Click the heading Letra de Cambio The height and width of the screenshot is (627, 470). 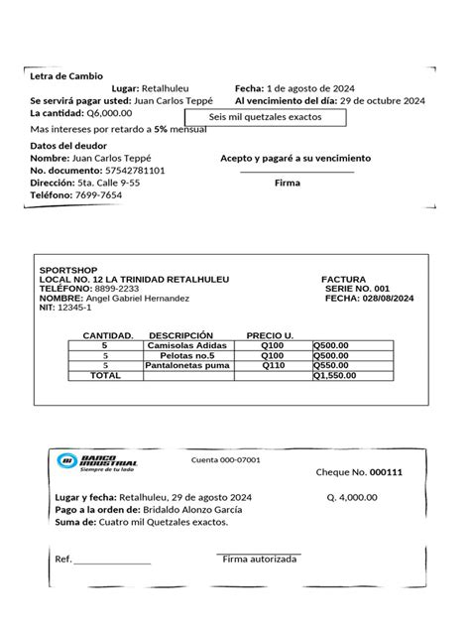(66, 75)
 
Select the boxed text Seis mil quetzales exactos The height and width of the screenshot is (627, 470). (267, 118)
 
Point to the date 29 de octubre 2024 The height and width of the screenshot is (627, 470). (381, 101)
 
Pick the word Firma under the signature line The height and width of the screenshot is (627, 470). (287, 184)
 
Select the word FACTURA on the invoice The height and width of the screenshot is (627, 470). (344, 280)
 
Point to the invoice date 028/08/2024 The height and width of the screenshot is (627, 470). (379, 298)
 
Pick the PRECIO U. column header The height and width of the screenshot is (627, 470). (269, 335)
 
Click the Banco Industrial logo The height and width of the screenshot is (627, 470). (99, 461)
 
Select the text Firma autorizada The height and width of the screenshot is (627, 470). (259, 560)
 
